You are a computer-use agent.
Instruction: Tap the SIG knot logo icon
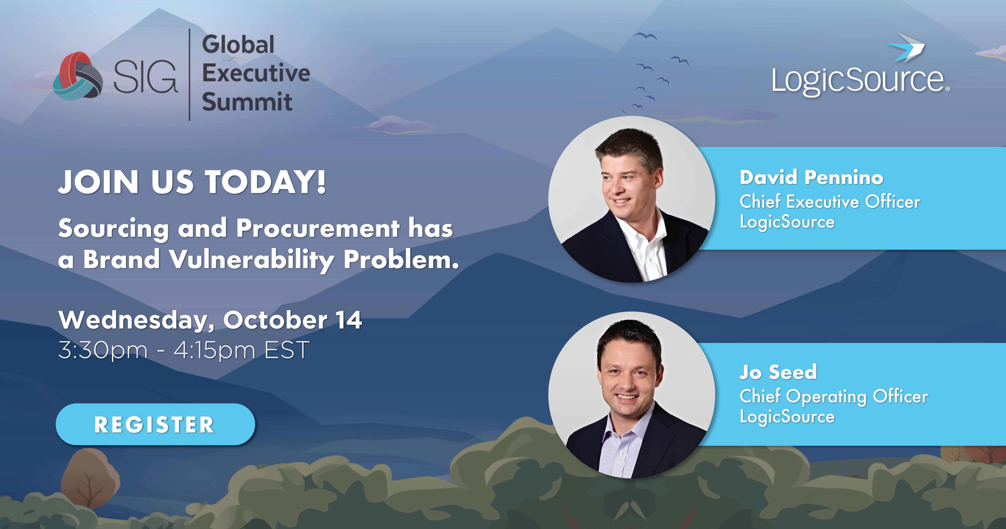tap(78, 76)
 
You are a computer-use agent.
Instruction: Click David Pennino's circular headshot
tap(631, 199)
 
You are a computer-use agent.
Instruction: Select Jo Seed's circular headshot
tap(631, 395)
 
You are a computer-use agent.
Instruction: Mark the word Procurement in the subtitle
tap(318, 228)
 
